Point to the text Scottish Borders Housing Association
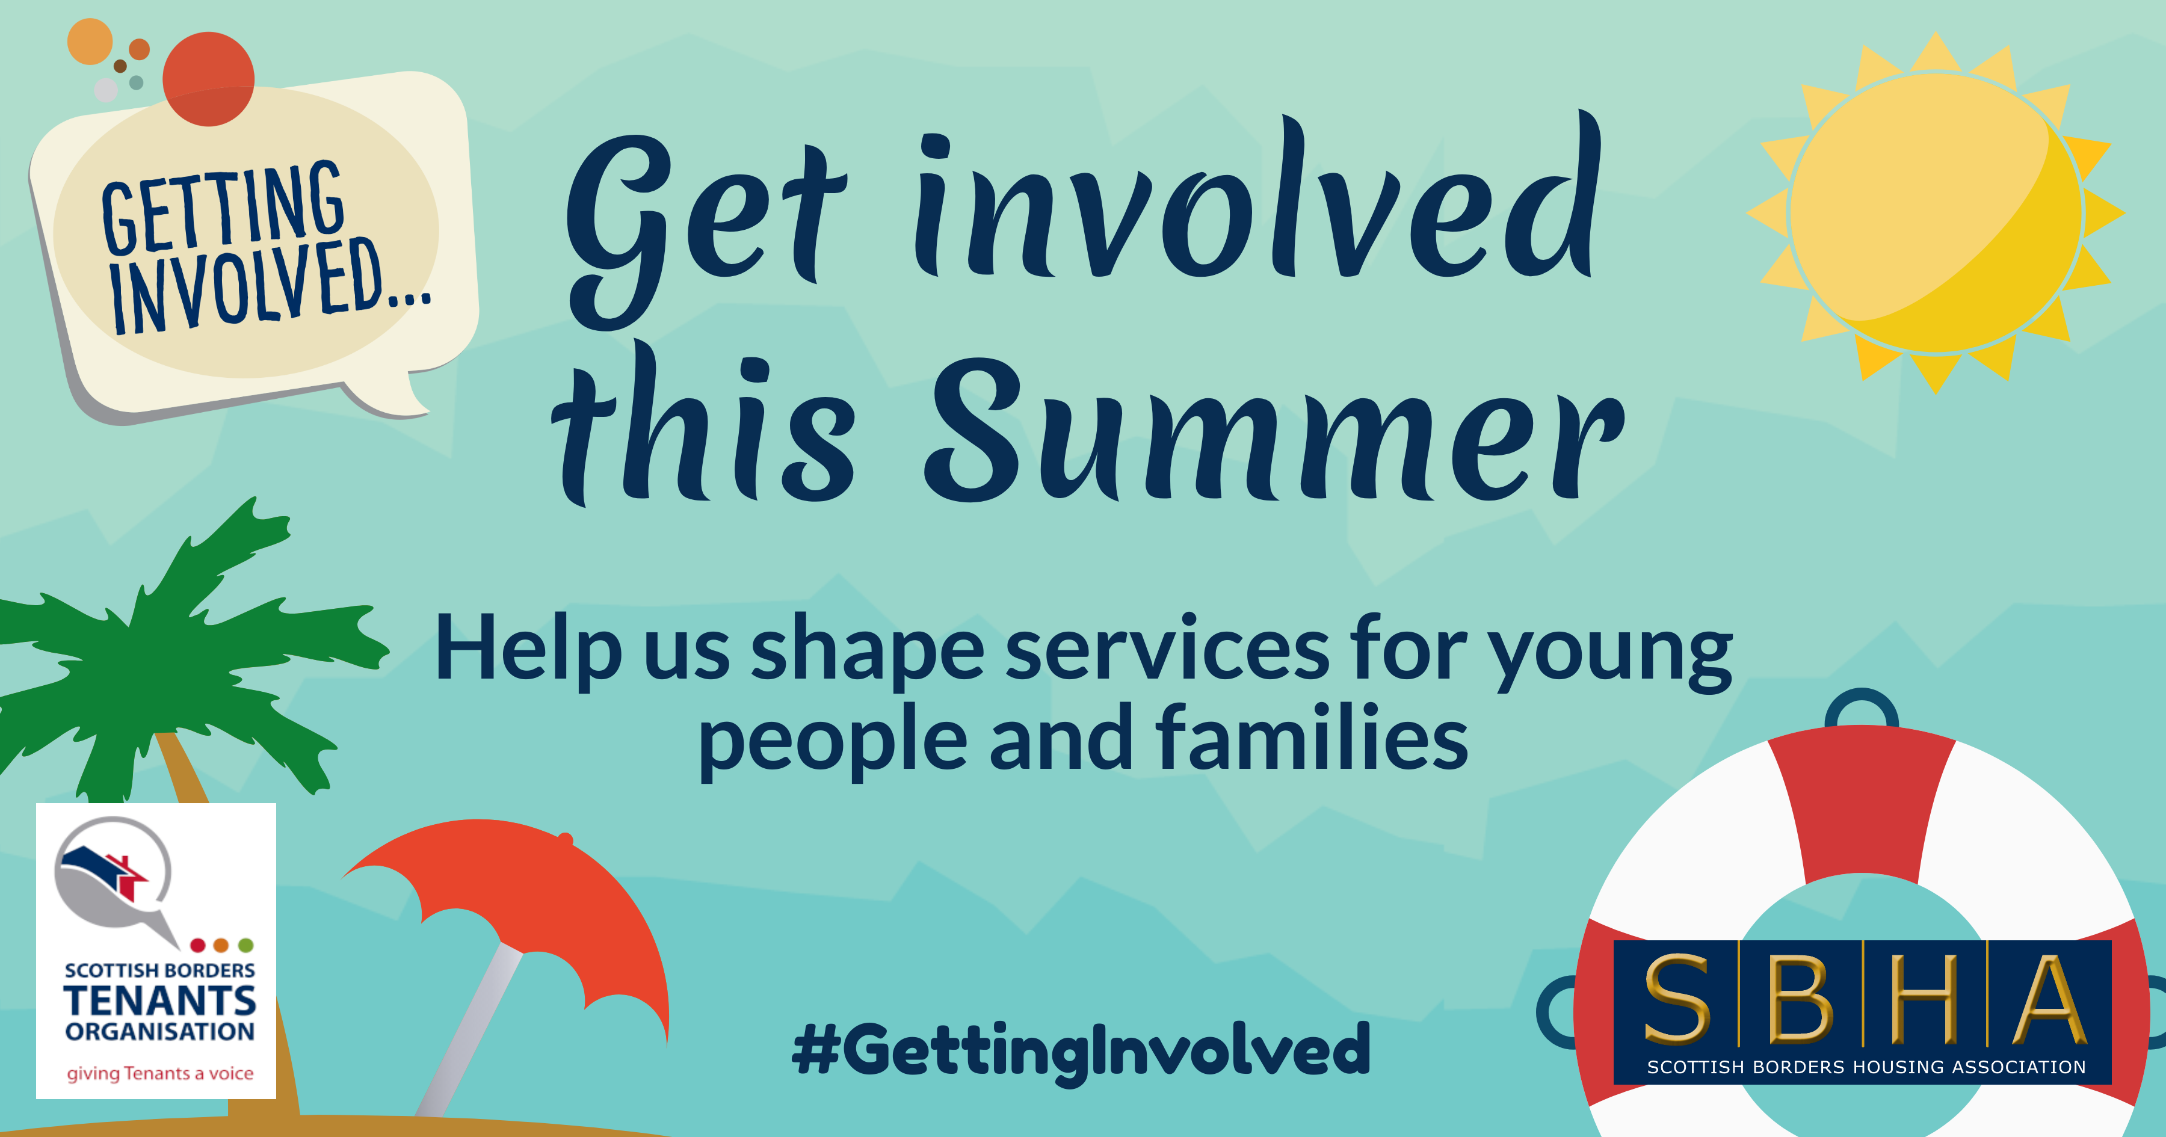click(1866, 1067)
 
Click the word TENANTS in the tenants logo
click(160, 1001)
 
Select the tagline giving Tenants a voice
click(160, 1073)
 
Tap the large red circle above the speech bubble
click(209, 78)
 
